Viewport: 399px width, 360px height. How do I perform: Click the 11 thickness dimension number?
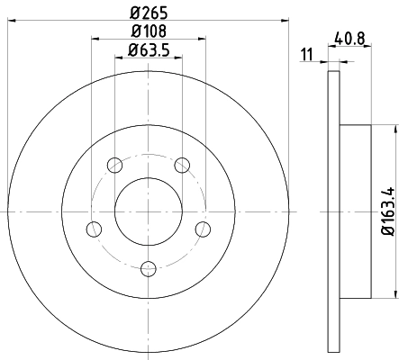307,55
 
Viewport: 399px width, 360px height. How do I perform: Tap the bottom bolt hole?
149,266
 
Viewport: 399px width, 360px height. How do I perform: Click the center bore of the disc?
148,212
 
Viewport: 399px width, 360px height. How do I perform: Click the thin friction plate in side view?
333,212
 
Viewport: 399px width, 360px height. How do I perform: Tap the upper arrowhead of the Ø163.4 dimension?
394,131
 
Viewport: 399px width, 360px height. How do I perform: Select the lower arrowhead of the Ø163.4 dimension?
394,294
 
